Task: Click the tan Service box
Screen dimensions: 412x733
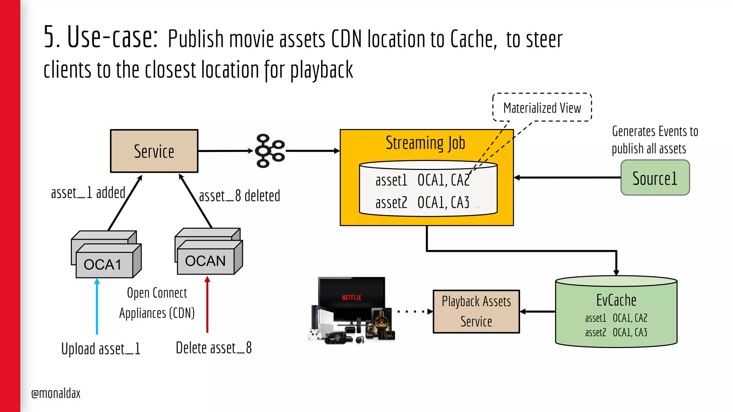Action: coord(154,151)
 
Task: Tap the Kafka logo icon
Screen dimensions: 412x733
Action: coord(270,151)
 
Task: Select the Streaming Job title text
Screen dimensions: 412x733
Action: coord(425,143)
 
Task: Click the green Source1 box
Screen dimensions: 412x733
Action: coord(655,178)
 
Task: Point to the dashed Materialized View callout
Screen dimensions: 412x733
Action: coord(542,108)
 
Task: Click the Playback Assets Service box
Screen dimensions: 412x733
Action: coord(476,312)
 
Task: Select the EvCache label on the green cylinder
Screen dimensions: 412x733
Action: coord(616,300)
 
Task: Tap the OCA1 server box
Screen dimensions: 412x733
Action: coord(104,264)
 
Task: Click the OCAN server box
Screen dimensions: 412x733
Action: coord(206,260)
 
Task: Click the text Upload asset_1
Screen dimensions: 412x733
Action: coord(101,349)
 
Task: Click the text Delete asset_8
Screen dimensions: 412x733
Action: coord(214,348)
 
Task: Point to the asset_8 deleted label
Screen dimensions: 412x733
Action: coord(239,196)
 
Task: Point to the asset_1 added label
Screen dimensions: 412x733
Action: coord(88,193)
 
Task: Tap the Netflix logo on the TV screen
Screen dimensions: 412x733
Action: coord(351,298)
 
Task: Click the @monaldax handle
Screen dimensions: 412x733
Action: coord(56,393)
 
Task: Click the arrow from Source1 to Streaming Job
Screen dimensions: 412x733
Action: coord(567,177)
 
